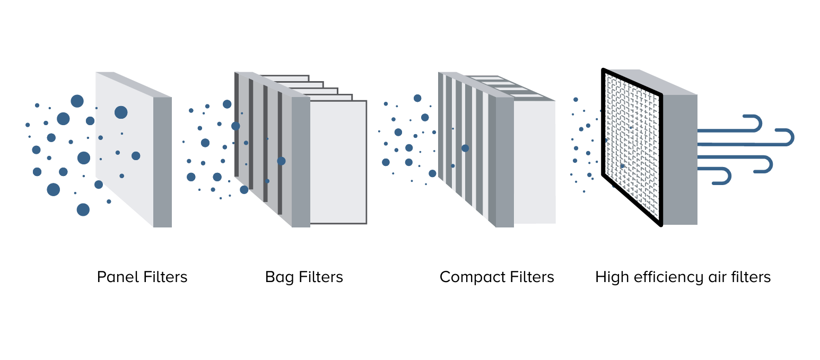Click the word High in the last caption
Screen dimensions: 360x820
tap(610, 277)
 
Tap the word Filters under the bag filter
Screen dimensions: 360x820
tap(320, 277)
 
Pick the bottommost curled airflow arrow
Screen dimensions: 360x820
tap(716, 175)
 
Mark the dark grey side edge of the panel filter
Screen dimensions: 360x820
tap(162, 162)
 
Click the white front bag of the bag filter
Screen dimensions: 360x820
tap(338, 162)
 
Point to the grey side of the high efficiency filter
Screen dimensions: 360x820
tap(680, 159)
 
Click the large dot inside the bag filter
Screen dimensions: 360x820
tap(281, 161)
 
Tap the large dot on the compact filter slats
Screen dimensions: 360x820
tap(465, 148)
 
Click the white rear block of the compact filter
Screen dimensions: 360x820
tap(535, 162)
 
